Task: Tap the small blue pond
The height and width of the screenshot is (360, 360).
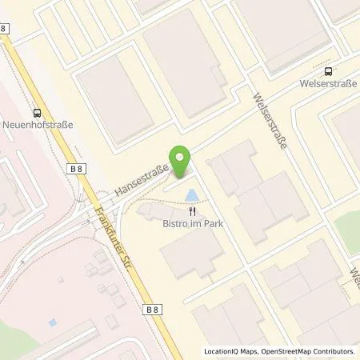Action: click(x=192, y=194)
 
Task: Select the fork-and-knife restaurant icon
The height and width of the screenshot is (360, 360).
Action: click(x=192, y=212)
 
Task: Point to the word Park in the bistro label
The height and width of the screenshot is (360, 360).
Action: click(x=210, y=224)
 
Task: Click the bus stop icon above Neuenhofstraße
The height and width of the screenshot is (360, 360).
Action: click(x=36, y=114)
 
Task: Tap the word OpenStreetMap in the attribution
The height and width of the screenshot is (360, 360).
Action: click(x=282, y=351)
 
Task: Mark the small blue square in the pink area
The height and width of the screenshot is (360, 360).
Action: click(x=52, y=322)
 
